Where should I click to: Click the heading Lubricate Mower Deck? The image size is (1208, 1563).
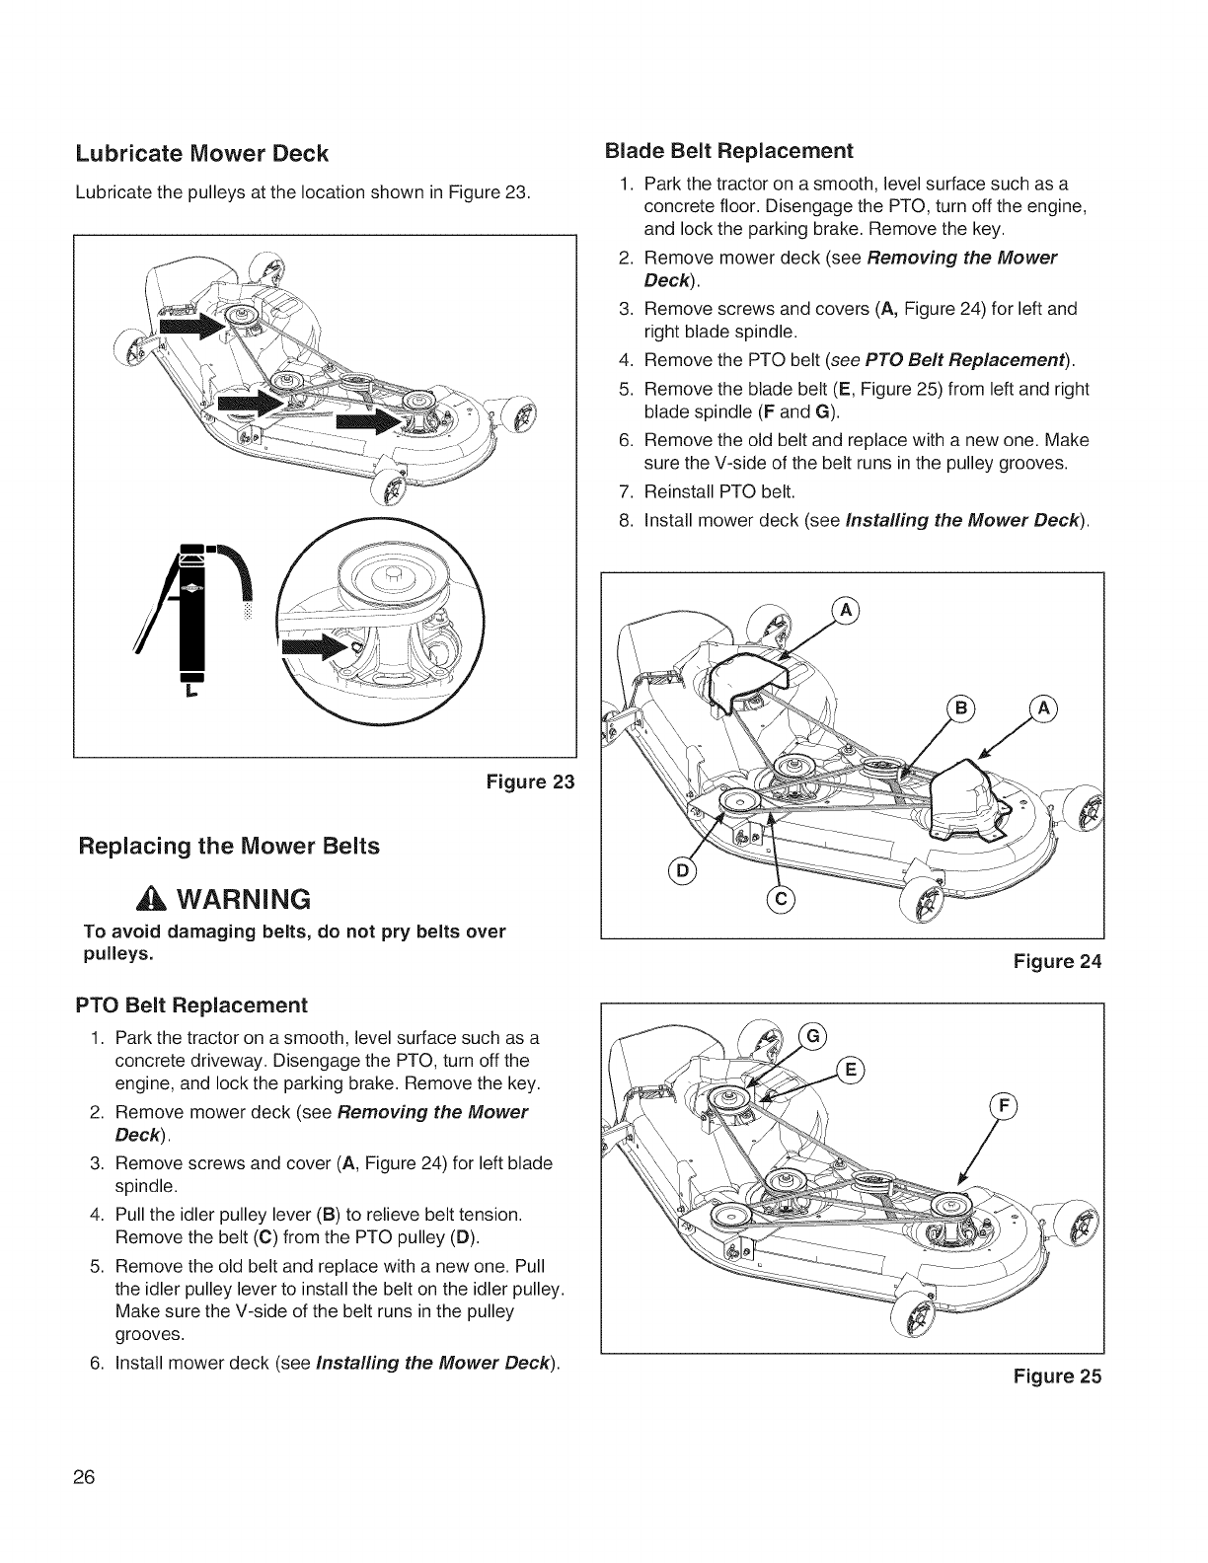[x=201, y=154]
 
